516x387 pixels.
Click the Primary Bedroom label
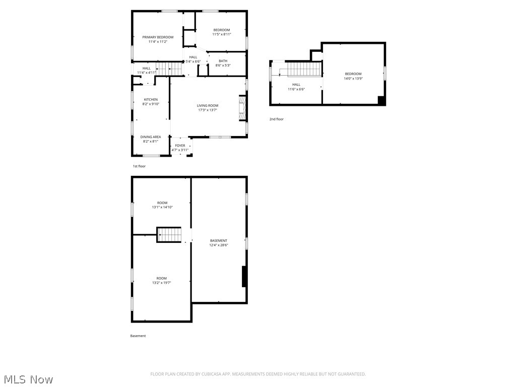158,37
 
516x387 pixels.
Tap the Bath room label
223,61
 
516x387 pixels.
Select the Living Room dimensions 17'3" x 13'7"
207,110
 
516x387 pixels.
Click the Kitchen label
151,100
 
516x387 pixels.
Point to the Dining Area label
151,137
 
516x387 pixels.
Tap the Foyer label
180,146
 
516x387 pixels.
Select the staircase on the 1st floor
169,69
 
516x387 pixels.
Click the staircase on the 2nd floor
304,69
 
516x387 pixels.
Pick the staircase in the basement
169,234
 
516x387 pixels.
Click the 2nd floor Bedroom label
353,74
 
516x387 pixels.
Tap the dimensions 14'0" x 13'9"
353,79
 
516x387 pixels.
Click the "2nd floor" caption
276,119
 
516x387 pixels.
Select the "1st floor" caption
139,166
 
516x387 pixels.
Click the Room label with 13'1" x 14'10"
162,203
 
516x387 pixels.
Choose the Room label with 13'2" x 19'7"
161,279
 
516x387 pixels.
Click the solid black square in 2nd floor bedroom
381,100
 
